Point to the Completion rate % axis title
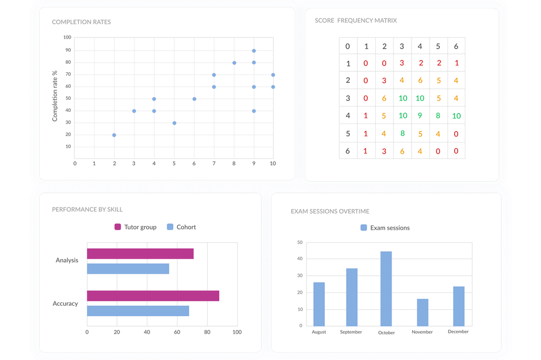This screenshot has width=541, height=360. coord(55,97)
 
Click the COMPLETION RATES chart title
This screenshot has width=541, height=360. coord(81,22)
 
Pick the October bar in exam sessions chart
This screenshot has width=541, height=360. coord(386,289)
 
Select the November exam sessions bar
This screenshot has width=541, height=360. coord(423,312)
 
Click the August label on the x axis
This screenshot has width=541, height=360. coord(319,332)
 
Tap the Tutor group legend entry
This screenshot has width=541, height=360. coord(136,227)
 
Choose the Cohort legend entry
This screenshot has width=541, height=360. coord(181,227)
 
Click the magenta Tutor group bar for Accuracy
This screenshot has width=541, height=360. coord(153,296)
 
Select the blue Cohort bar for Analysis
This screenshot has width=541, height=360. coord(128,269)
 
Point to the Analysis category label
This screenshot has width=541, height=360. coord(67,260)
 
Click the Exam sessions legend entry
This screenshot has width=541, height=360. coord(385,228)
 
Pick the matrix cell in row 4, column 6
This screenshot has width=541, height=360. coord(456,116)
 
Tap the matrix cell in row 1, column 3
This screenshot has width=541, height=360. coord(402,63)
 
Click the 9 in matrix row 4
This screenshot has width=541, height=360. coord(420,116)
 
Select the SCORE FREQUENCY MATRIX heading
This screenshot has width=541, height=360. coord(356,21)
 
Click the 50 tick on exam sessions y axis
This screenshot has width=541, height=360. coord(300,242)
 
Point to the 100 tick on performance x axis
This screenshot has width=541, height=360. coord(237,332)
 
